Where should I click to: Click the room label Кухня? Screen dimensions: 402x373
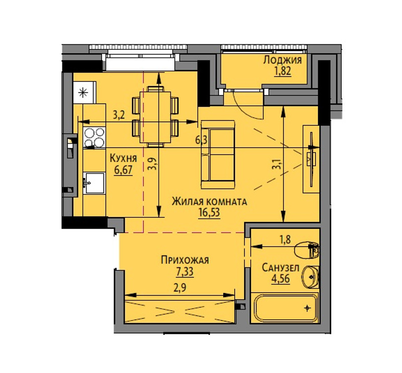pos(123,158)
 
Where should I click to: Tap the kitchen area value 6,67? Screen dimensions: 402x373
pos(123,170)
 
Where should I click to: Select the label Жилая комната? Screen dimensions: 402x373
pos(210,202)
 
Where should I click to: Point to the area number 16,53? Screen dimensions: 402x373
pos(209,213)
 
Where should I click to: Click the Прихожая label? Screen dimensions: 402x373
pos(185,260)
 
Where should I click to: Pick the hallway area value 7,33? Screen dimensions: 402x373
pos(184,272)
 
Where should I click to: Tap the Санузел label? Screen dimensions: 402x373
pos(280,268)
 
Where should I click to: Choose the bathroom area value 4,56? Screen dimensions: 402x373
pos(281,279)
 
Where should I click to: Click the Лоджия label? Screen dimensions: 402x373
pos(282,60)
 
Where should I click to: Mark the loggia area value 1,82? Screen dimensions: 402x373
pos(283,71)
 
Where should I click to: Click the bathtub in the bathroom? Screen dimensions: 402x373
pos(286,308)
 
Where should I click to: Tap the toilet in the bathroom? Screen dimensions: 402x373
pos(307,250)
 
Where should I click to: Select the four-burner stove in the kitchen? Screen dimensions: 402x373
pos(94,138)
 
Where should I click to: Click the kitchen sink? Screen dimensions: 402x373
pos(94,183)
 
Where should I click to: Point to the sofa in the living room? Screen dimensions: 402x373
pos(218,154)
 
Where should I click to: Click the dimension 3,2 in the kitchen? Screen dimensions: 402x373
pos(119,115)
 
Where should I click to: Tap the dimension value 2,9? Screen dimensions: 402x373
pos(180,288)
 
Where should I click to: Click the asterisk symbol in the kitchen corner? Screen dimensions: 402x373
pos(83,92)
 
